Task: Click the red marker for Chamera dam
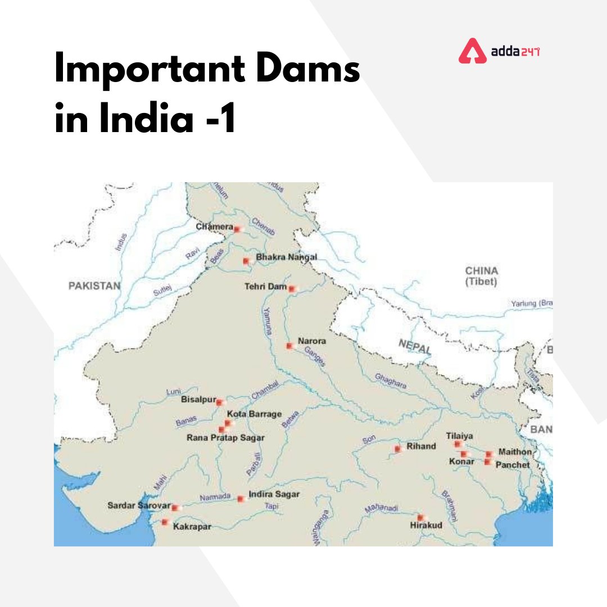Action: [237, 229]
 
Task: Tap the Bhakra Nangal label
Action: [286, 257]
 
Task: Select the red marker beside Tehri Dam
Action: [291, 288]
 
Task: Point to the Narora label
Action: [311, 341]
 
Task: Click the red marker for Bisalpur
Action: [219, 402]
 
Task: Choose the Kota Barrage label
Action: [254, 414]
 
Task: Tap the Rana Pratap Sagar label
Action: [225, 438]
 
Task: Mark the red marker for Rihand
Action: [397, 449]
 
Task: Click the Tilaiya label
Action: [459, 436]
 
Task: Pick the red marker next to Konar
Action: [464, 454]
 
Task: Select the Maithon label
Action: [515, 452]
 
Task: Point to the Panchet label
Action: [512, 465]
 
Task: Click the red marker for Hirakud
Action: [420, 517]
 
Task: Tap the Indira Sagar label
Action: [274, 495]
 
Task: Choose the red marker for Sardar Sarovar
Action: [175, 508]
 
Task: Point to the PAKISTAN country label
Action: [94, 286]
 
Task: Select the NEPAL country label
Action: [415, 346]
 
